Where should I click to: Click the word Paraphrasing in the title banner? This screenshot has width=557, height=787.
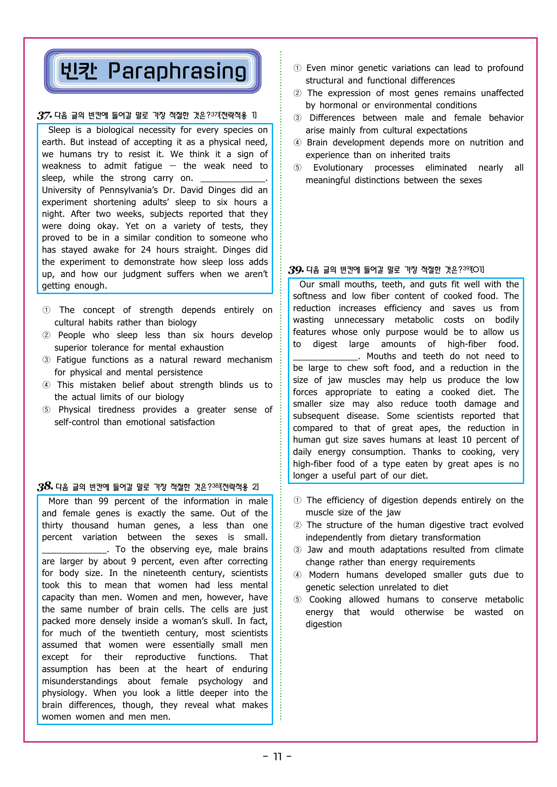(x=177, y=71)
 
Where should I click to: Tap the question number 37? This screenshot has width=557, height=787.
(x=44, y=115)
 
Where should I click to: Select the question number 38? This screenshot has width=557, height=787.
(x=44, y=487)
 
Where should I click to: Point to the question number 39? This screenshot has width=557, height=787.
(x=296, y=270)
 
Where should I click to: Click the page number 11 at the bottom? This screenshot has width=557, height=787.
(x=277, y=757)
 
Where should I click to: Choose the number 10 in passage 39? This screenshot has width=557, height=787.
(x=466, y=440)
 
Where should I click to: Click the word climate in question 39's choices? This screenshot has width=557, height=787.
(x=509, y=550)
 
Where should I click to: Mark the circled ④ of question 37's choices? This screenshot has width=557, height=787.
(x=46, y=385)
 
